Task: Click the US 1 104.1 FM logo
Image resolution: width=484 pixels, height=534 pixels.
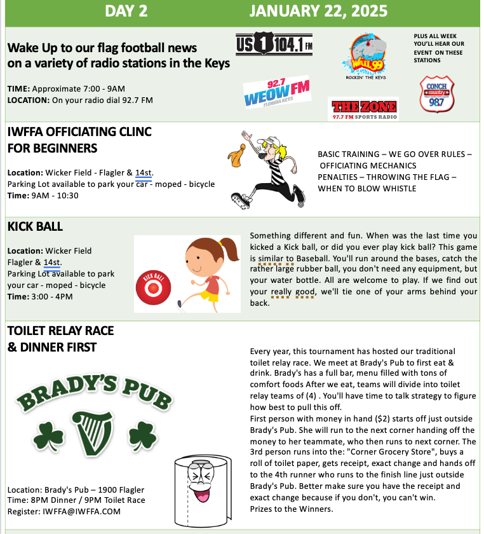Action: click(x=274, y=45)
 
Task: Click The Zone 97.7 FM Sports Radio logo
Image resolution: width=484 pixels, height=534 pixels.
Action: click(x=363, y=109)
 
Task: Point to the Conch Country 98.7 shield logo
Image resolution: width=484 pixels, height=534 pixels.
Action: click(x=436, y=93)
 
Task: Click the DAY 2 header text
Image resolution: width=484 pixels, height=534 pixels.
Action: click(x=126, y=11)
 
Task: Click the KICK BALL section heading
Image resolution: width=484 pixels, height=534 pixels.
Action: click(x=35, y=226)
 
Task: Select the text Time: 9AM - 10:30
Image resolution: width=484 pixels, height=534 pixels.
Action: click(x=43, y=195)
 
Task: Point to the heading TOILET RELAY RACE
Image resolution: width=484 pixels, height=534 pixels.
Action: click(x=60, y=330)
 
